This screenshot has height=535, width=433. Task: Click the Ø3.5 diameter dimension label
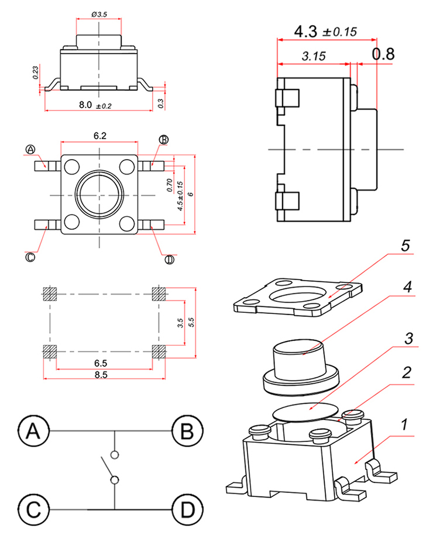tap(99, 13)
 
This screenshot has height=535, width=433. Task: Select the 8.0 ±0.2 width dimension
tap(95, 105)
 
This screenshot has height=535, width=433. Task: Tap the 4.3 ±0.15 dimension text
tap(325, 32)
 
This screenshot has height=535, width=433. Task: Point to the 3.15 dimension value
tap(314, 57)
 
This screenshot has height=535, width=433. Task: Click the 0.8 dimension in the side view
tap(384, 54)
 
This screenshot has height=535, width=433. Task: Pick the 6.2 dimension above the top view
tap(100, 135)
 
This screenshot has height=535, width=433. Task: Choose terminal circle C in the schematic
tap(33, 510)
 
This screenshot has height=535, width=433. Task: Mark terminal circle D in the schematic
tap(187, 510)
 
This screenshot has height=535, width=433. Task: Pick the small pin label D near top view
tap(170, 260)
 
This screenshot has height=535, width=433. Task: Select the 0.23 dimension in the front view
tap(36, 73)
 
